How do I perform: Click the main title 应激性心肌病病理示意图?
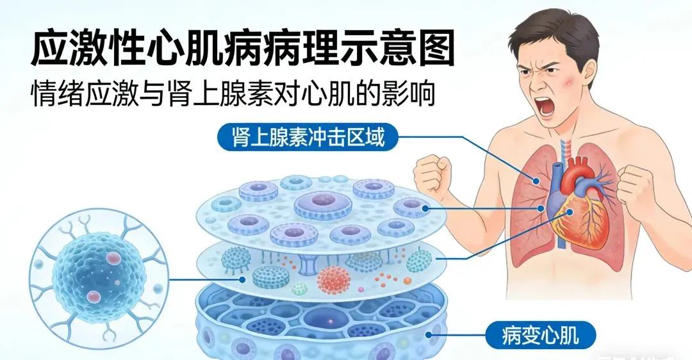point(243,48)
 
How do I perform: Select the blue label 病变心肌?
point(541,334)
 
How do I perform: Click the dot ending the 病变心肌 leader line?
point(429,334)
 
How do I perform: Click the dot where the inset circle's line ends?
point(242,279)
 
